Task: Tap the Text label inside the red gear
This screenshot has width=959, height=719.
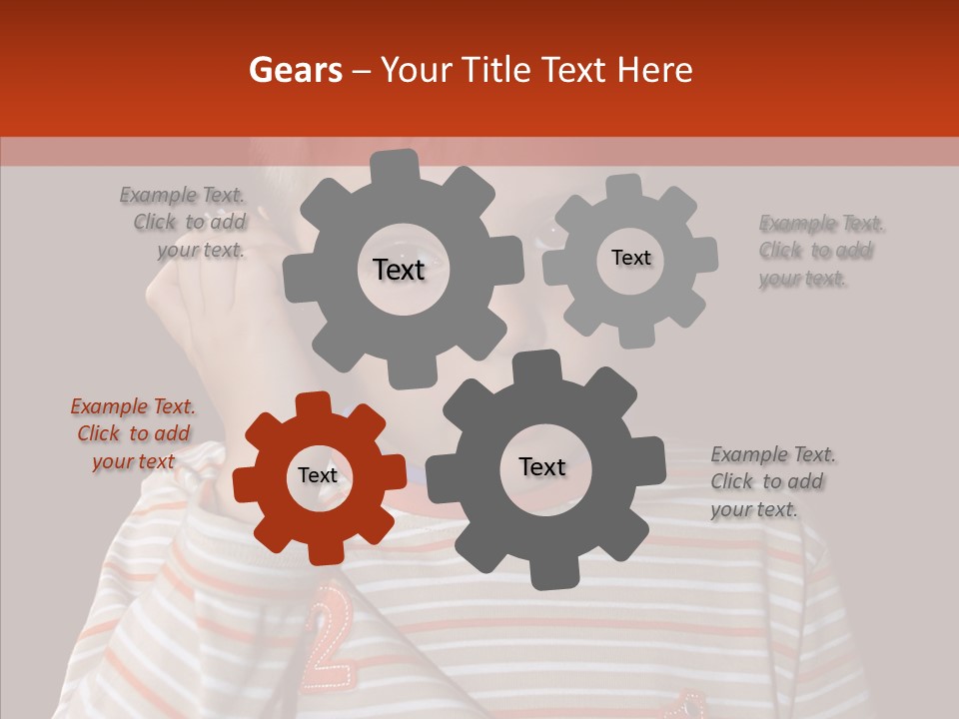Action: [318, 475]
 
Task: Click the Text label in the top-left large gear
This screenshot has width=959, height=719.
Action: [399, 270]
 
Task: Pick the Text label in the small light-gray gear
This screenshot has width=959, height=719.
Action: [630, 258]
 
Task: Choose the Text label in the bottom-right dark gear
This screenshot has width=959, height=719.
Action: [542, 466]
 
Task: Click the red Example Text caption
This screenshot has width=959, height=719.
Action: [133, 433]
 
